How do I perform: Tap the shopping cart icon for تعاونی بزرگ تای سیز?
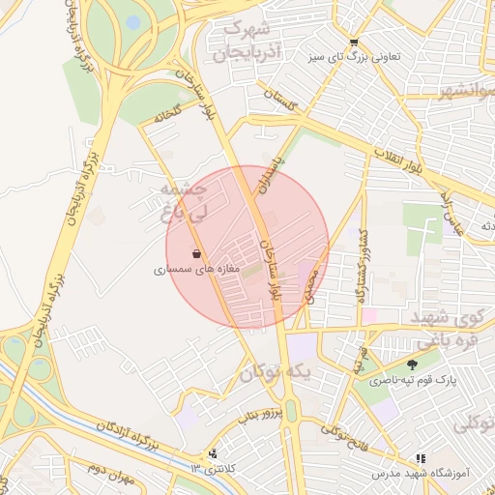pos(354,42)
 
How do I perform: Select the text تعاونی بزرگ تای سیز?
pos(398,58)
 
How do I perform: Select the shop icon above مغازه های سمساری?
pos(196,254)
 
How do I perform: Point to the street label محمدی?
pos(307,282)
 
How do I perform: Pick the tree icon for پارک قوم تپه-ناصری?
pos(414,364)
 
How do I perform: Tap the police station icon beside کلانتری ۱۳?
pos(213,453)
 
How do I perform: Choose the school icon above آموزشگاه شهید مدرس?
pos(420,459)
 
